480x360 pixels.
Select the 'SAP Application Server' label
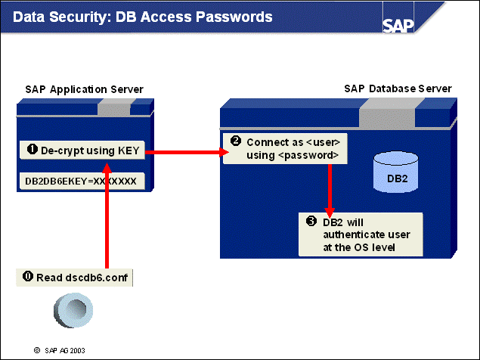79,90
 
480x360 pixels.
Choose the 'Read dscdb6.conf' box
74,277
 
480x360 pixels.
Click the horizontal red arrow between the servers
185,153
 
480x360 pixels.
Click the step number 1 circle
33,149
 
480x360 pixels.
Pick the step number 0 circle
28,277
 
